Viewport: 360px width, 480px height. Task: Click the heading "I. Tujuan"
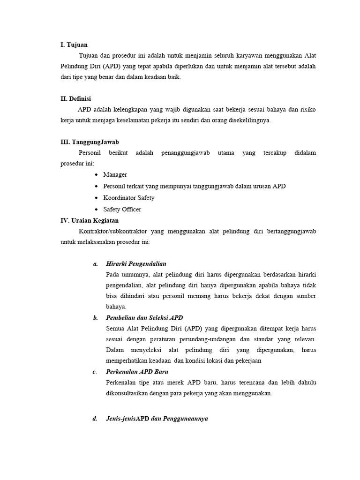tap(74, 45)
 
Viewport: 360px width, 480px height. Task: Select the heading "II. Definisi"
tap(76, 99)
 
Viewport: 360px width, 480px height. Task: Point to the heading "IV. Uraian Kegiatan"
tap(90, 220)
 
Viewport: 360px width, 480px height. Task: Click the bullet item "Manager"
tap(115, 175)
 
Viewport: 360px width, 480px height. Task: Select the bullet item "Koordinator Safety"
tap(128, 198)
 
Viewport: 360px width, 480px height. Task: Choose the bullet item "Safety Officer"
tap(122, 210)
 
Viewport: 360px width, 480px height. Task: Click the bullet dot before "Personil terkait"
tap(96, 187)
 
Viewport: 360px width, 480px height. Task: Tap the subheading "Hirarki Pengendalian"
tap(136, 264)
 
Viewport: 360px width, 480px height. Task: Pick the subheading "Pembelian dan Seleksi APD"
tap(144, 318)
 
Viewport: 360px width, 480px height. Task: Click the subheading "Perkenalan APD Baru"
tap(137, 372)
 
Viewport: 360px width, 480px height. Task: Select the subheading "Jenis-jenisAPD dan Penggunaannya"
tap(157, 419)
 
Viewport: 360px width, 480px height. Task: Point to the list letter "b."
tap(96, 318)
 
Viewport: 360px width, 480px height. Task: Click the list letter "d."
tap(96, 419)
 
